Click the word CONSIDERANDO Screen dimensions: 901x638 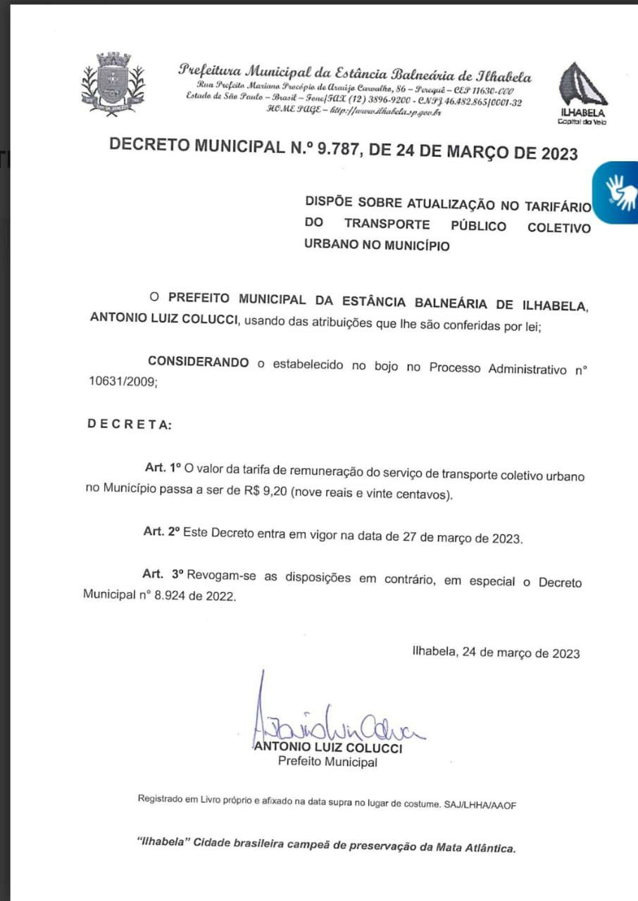198,363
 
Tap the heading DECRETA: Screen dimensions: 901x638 127,425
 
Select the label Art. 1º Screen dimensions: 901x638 163,467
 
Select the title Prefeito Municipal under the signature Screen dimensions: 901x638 327,762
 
